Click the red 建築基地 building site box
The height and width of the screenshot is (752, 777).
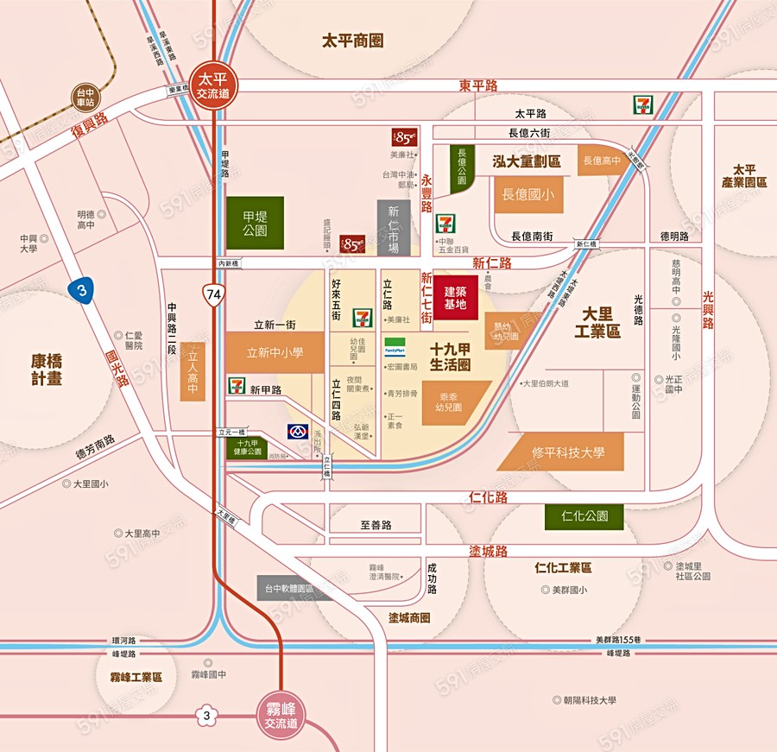pyautogui.click(x=455, y=298)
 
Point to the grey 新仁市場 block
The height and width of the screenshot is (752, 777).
pyautogui.click(x=393, y=228)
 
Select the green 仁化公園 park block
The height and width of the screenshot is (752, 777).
pyautogui.click(x=584, y=516)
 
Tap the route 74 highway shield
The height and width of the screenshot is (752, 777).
pyautogui.click(x=213, y=295)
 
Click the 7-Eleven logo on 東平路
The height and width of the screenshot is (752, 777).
pyautogui.click(x=642, y=104)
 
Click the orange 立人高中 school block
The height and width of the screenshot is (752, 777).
pyautogui.click(x=193, y=371)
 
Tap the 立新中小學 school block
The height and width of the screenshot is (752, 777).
pyautogui.click(x=275, y=352)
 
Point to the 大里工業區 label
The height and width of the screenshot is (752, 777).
pyautogui.click(x=602, y=320)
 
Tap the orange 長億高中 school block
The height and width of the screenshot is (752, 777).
pyautogui.click(x=602, y=161)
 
